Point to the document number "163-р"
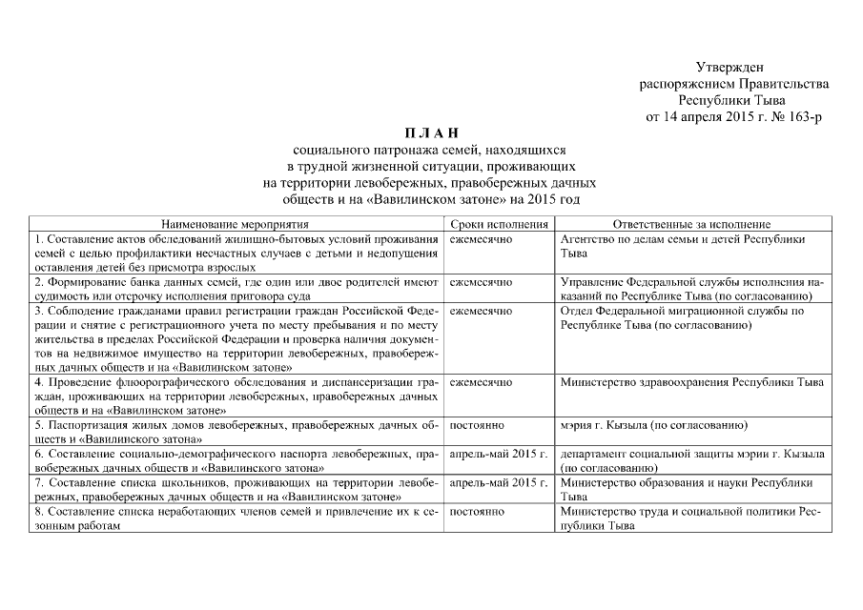coord(802,116)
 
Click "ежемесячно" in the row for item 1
coord(481,239)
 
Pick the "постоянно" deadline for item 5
coord(477,425)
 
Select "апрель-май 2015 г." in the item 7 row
coord(499,483)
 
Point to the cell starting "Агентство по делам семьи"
coord(684,247)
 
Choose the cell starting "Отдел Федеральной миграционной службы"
coord(683,318)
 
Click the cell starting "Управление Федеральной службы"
coord(691,290)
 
